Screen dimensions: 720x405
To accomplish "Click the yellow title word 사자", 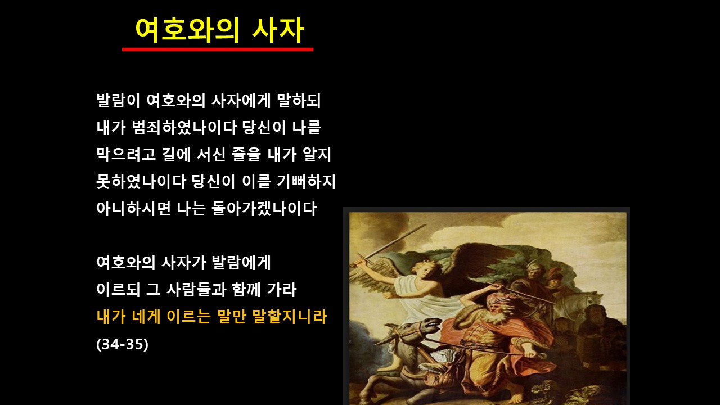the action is (278, 30).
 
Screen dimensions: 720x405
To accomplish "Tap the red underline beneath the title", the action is (218, 49).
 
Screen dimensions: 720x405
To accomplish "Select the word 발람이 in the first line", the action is (118, 101).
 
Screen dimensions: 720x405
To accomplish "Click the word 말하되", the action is (299, 101).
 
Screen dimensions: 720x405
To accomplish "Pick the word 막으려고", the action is (126, 155).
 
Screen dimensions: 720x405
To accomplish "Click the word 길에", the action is (176, 155).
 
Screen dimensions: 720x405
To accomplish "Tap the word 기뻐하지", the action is (307, 182).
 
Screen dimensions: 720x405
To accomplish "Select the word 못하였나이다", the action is (141, 182).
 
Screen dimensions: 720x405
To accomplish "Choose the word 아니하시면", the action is (133, 209).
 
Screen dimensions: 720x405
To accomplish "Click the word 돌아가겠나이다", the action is (264, 209).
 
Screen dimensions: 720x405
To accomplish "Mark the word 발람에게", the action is (241, 263).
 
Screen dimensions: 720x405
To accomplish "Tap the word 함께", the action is (246, 290).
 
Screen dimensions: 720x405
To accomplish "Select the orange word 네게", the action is (146, 317).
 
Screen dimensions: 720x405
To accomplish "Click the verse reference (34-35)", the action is (123, 344).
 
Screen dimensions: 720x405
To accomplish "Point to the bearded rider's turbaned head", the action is (499, 306).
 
